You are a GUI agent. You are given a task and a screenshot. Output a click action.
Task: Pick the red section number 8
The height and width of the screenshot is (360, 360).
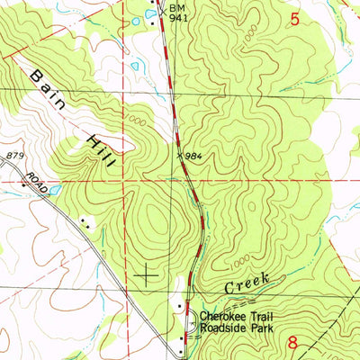tap(293, 342)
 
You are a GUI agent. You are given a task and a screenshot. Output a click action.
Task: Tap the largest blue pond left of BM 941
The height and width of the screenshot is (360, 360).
tap(136, 67)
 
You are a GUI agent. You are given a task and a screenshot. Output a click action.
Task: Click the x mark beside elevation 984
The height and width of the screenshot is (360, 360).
tap(180, 157)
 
